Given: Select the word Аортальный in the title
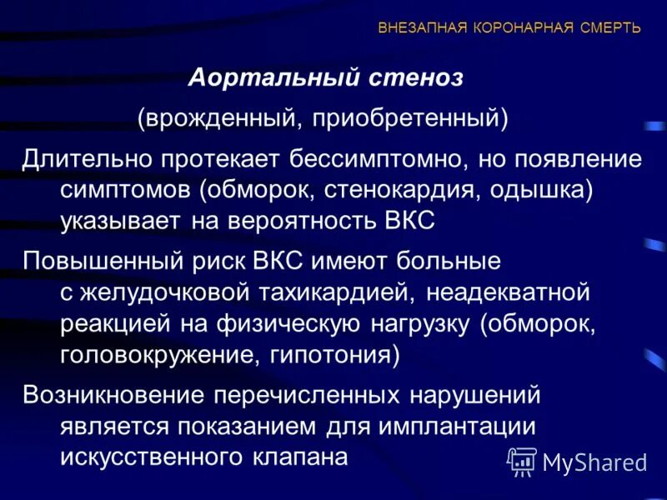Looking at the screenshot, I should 268,78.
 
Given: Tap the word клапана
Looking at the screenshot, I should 301,457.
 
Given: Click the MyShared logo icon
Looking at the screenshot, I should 523,460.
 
